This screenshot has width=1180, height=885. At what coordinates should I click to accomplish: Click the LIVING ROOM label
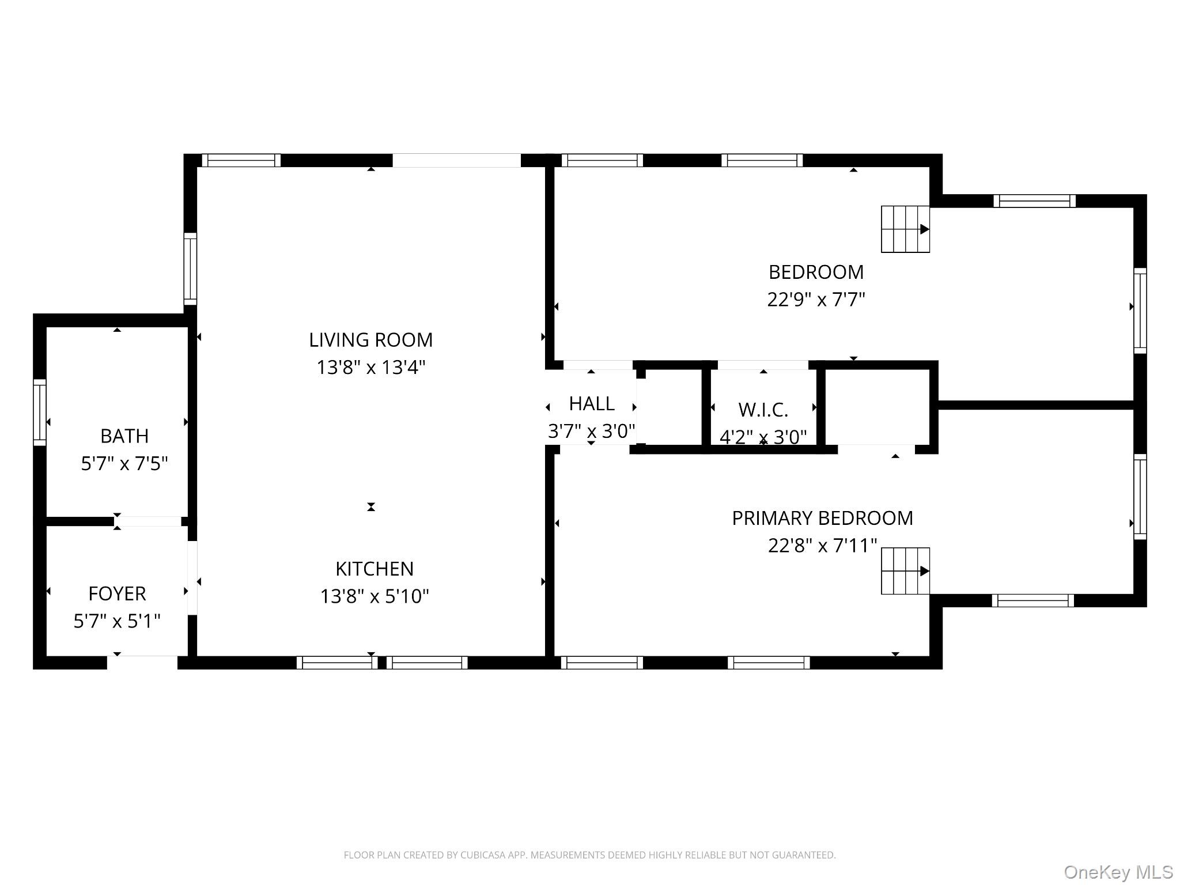[x=370, y=340]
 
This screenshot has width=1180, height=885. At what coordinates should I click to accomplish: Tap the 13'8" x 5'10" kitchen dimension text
[x=375, y=596]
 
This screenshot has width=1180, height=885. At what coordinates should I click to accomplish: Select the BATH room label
[x=124, y=436]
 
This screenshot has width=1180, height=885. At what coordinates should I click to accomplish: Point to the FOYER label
[x=117, y=593]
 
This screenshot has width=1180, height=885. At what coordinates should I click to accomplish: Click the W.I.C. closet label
[x=763, y=410]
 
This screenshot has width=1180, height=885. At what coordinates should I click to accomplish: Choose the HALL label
[x=592, y=404]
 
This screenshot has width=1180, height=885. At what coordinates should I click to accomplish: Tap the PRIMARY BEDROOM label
[x=822, y=519]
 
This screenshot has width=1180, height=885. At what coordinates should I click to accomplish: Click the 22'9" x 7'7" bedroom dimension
[x=816, y=300]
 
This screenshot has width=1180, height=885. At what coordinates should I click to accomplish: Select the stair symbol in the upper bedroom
[x=905, y=229]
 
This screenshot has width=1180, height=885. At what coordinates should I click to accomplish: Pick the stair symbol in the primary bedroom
[x=905, y=571]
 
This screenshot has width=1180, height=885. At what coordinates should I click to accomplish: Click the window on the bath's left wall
[x=39, y=412]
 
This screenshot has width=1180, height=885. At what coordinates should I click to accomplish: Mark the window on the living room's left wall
[x=190, y=268]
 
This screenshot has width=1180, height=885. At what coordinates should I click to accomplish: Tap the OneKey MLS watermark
[x=1118, y=872]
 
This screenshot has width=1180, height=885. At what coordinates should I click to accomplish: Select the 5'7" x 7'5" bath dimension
[x=124, y=464]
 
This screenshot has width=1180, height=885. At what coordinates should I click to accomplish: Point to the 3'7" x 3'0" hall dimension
[x=591, y=431]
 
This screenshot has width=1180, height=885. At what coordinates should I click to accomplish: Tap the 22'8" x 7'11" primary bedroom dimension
[x=822, y=546]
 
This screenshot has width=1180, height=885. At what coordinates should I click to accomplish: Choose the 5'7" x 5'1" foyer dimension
[x=117, y=621]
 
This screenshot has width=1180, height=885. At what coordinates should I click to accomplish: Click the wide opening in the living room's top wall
[x=456, y=160]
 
